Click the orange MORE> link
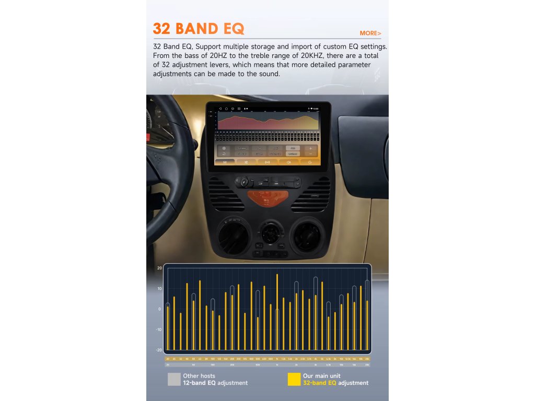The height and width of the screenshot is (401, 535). (x=370, y=33)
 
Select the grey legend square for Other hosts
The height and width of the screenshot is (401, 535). (x=174, y=379)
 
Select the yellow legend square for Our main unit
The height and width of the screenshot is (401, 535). (x=294, y=379)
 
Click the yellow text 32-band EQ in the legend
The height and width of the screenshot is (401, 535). (x=320, y=383)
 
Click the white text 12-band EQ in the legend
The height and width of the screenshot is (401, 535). (x=199, y=383)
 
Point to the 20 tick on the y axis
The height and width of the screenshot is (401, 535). (x=159, y=268)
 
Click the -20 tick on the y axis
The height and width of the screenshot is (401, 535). (x=158, y=350)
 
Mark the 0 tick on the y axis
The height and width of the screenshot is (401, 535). (x=159, y=309)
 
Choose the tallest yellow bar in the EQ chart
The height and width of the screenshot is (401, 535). (x=277, y=312)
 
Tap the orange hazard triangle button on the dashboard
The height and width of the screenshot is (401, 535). (x=267, y=198)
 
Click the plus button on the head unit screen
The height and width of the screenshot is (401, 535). (x=310, y=148)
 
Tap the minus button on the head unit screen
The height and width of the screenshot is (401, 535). (x=310, y=154)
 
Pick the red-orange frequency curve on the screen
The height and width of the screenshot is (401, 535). (x=267, y=122)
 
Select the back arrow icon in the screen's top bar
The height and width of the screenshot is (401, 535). (x=220, y=109)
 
